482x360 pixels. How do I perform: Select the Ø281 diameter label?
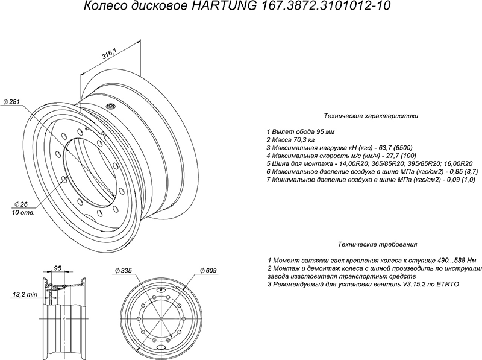pos(11,101)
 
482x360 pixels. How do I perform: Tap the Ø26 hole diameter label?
pos(21,204)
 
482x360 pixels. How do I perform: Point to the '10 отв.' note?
pos(23,213)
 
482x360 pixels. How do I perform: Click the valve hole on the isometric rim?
pos(110,107)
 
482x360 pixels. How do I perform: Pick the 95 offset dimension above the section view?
pos(57,268)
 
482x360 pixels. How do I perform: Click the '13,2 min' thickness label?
pos(25,295)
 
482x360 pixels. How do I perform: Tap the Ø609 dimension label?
pos(208,271)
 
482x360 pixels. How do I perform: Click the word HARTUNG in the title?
pos(224,6)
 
